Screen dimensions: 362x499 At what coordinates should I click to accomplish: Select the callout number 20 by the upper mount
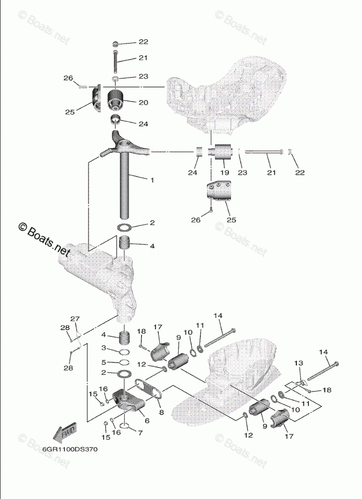click(x=143, y=102)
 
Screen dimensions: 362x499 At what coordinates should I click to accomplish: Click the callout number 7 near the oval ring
click(x=140, y=432)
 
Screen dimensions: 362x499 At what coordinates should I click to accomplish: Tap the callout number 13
click(x=298, y=363)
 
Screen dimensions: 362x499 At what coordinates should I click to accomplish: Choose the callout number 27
click(x=75, y=319)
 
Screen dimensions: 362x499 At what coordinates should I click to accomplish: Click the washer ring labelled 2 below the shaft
click(x=125, y=225)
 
